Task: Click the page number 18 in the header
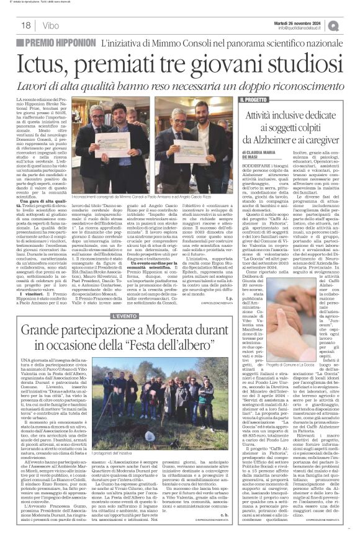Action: tap(26, 25)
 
